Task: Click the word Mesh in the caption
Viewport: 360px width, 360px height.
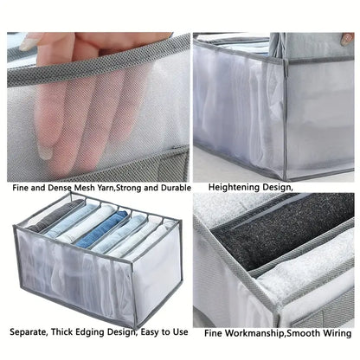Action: point(85,188)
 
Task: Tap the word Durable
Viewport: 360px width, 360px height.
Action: point(176,188)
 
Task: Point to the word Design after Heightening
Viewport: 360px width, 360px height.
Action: point(278,187)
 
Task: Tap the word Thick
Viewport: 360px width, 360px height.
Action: point(62,331)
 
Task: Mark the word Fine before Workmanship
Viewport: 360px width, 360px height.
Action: point(214,333)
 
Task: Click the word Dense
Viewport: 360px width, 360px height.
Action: point(60,188)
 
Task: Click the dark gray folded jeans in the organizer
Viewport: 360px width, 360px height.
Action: point(55,215)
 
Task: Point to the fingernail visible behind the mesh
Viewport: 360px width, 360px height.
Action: point(45,153)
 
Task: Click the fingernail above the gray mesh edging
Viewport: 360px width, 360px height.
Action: point(29,43)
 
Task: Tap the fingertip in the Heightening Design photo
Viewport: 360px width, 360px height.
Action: point(347,39)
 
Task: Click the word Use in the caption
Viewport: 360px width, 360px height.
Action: point(180,332)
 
